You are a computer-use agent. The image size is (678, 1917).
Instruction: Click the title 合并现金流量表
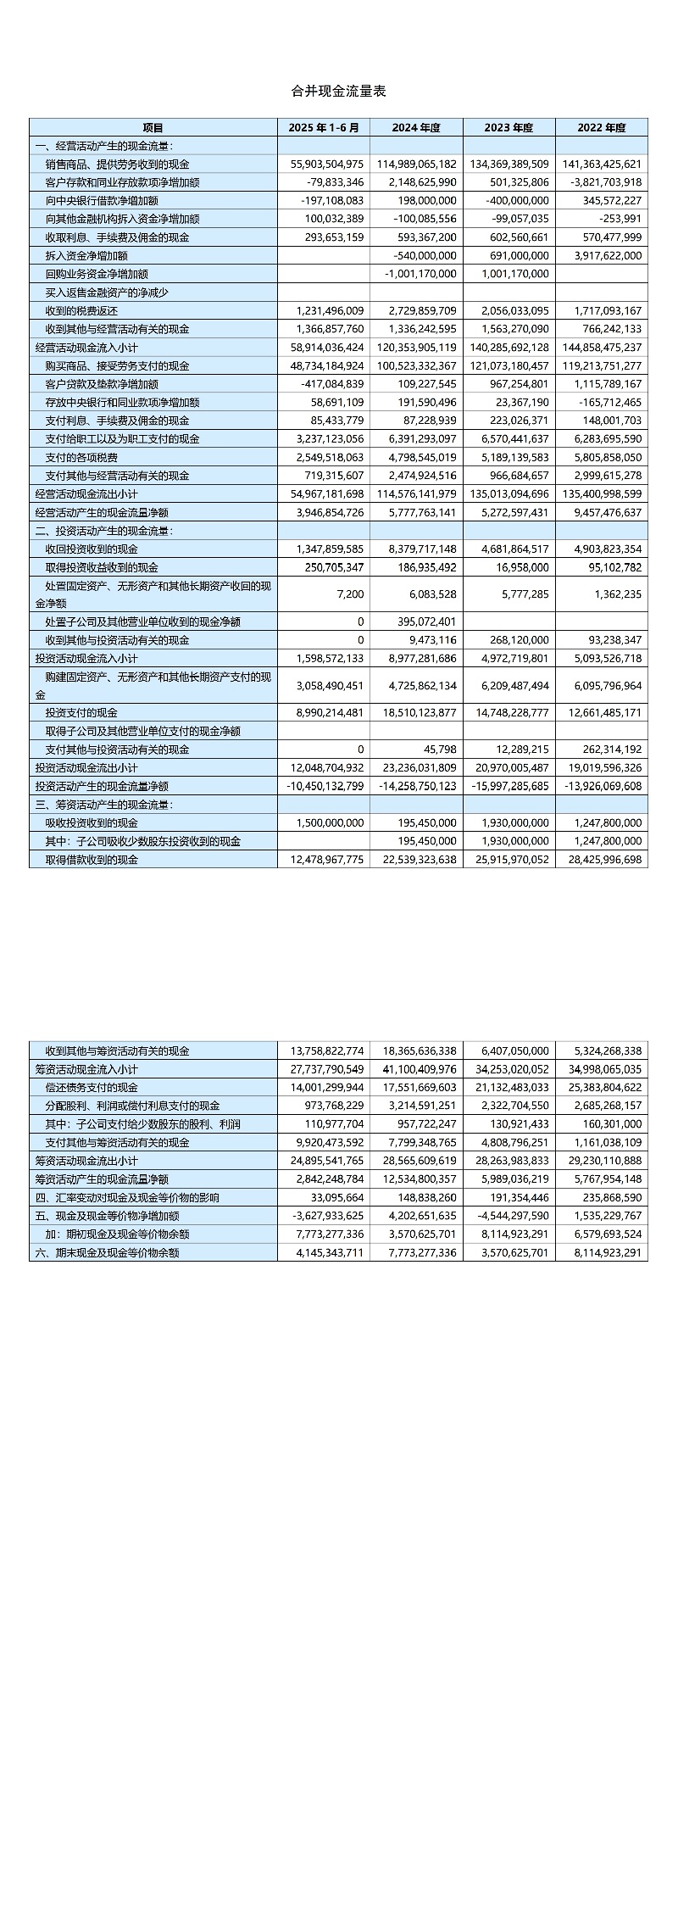339,91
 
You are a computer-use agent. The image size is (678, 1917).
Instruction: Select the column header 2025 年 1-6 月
324,128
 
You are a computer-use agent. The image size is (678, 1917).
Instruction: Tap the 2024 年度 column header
416,128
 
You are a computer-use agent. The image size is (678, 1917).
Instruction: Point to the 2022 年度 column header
602,128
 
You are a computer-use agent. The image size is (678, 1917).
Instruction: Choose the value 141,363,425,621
602,164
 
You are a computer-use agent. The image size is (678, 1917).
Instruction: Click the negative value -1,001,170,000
420,274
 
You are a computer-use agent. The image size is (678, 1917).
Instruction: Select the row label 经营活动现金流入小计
86,348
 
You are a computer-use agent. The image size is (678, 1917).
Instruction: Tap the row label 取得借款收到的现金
92,860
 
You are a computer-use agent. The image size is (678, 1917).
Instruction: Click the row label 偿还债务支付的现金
92,1088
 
